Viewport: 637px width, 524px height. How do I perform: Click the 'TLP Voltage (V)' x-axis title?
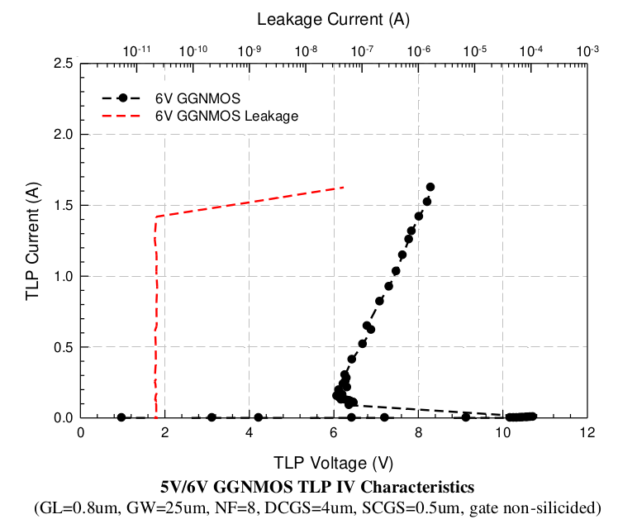click(x=333, y=461)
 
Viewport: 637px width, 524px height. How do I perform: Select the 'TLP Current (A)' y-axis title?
click(x=32, y=241)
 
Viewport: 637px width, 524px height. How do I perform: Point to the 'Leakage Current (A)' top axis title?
click(x=333, y=18)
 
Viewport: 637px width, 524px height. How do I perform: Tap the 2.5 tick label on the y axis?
click(x=63, y=64)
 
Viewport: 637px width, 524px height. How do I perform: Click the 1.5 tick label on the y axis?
click(x=63, y=205)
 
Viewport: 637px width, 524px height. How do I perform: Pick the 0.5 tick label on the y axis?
click(x=63, y=347)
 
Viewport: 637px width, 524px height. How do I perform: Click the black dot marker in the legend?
click(x=122, y=98)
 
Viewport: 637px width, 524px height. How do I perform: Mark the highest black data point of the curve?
click(x=430, y=187)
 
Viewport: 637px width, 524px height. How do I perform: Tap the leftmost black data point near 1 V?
click(x=121, y=417)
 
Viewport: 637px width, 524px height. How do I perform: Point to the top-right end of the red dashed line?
click(x=343, y=188)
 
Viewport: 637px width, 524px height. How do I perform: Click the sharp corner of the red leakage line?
click(x=154, y=217)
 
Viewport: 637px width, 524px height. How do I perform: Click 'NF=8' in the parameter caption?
click(x=280, y=506)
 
